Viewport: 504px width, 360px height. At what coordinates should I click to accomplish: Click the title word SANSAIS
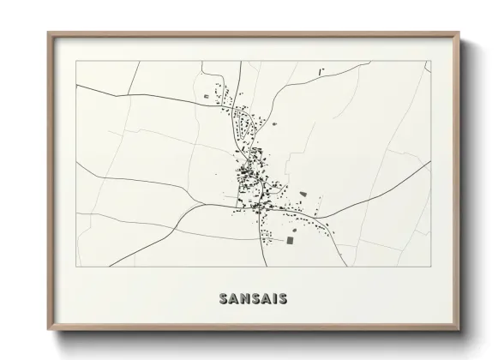pyautogui.click(x=252, y=299)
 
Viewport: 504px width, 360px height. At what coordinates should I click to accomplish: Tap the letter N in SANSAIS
pyautogui.click(x=242, y=299)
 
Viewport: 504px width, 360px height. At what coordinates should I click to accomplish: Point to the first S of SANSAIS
pyautogui.click(x=223, y=299)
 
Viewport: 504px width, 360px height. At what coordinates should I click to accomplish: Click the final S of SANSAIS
pyautogui.click(x=282, y=299)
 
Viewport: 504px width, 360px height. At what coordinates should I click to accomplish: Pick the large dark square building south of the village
pyautogui.click(x=289, y=241)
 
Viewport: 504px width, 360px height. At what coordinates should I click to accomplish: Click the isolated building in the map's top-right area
pyautogui.click(x=321, y=70)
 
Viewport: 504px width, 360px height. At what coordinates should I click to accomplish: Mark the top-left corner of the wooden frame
pyautogui.click(x=48, y=33)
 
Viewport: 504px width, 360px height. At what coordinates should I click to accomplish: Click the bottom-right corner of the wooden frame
pyautogui.click(x=459, y=331)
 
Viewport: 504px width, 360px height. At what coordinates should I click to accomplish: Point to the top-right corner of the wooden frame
pyautogui.click(x=459, y=33)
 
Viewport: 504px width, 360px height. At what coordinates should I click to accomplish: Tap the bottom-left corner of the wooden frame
pyautogui.click(x=48, y=331)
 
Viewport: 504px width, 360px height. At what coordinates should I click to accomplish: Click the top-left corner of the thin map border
pyautogui.click(x=76, y=61)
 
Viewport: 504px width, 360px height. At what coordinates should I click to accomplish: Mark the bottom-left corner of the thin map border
pyautogui.click(x=76, y=267)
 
